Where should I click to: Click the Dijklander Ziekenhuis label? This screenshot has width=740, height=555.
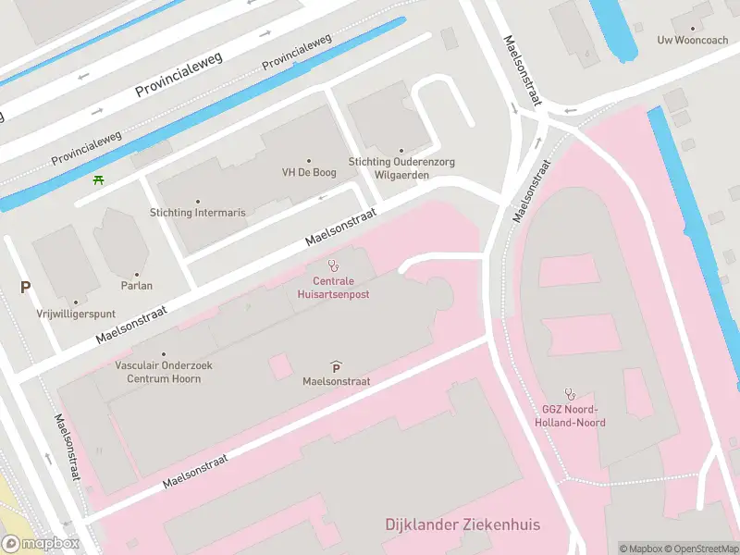[462, 524]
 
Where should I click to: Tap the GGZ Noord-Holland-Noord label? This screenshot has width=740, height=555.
[570, 416]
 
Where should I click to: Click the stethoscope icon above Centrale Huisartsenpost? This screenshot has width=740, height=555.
[333, 265]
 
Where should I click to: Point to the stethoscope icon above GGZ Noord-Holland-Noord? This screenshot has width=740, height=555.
[570, 394]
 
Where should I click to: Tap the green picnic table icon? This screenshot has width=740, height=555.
[98, 179]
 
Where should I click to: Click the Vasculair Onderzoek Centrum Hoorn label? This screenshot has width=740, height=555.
[164, 372]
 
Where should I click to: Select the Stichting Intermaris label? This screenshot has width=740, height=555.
[198, 213]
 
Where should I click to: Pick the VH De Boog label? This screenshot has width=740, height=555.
[308, 172]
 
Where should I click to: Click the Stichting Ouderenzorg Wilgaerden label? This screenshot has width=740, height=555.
[401, 167]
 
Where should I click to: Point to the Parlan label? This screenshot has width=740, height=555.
[137, 286]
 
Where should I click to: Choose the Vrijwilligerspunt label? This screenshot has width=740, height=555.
[76, 314]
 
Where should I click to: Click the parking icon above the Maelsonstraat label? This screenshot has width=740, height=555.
[336, 366]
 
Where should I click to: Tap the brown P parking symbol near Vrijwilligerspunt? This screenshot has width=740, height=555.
[25, 287]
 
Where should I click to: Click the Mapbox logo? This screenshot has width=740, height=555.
[40, 544]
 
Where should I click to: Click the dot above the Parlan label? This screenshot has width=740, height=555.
[137, 274]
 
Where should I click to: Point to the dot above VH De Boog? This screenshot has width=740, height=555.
[308, 160]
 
